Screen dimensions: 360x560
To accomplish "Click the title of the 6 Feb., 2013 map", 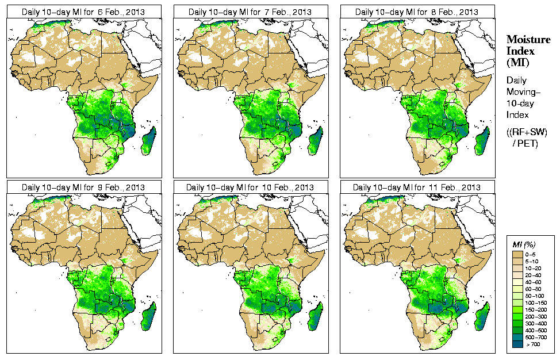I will point(83,12).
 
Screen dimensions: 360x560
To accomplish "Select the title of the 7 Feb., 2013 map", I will point(250,12).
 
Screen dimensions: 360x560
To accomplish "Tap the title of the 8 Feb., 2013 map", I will point(417,12).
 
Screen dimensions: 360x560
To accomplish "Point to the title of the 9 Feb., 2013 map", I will point(83,187).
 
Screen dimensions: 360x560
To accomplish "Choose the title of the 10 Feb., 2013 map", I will point(250,187).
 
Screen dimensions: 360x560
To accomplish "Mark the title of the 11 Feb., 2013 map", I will point(417,187).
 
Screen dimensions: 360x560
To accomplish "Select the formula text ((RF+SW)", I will point(527,132).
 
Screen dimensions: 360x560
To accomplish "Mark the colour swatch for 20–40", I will point(517,275).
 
